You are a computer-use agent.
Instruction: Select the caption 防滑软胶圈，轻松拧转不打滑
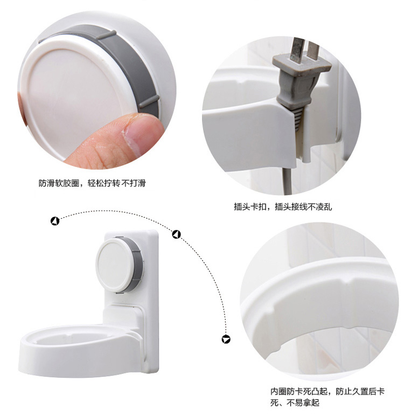pyautogui.click(x=92, y=183)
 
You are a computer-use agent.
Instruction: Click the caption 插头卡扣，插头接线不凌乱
pyautogui.click(x=283, y=207)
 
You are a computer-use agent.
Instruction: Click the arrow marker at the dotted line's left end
pyautogui.click(x=55, y=221)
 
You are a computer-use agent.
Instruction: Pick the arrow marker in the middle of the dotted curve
pyautogui.click(x=176, y=234)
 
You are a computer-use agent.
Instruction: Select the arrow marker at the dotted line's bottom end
pyautogui.click(x=226, y=339)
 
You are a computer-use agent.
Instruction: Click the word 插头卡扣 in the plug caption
pyautogui.click(x=250, y=207)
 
